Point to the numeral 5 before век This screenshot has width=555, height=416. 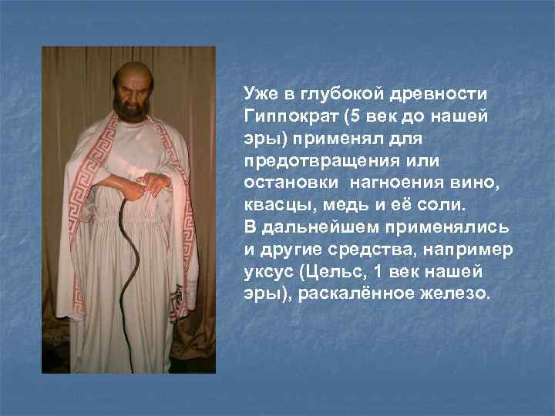coord(354,116)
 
